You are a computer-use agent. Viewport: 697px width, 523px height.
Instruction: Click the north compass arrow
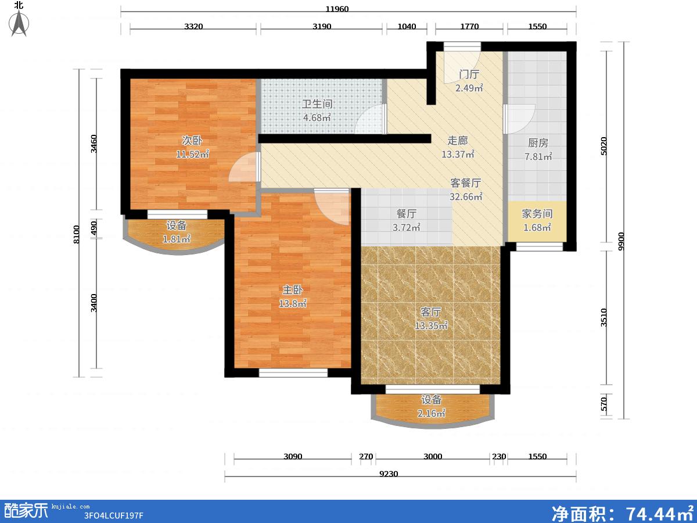19,23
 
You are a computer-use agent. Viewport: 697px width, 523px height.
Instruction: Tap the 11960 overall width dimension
337,9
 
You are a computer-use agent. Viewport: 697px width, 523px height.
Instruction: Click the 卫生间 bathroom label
317,104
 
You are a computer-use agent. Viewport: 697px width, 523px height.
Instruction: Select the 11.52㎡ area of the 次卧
192,155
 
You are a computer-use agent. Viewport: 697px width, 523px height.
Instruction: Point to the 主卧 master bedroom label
293,290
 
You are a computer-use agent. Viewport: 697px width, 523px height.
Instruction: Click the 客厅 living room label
431,312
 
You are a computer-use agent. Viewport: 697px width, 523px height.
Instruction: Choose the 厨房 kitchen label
538,143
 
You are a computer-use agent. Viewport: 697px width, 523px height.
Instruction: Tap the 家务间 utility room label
537,214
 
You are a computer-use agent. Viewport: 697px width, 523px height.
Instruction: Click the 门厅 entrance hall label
469,74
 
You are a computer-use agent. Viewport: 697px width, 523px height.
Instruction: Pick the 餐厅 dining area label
407,214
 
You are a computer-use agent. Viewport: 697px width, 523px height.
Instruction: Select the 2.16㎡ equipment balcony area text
431,413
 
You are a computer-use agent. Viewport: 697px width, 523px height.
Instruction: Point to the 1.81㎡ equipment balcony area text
177,239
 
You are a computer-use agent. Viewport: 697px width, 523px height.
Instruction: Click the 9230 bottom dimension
389,474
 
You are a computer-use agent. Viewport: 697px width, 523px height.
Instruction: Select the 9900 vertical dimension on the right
621,241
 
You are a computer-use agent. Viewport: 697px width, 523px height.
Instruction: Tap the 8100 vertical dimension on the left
77,234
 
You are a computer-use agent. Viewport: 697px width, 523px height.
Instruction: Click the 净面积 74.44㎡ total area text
623,513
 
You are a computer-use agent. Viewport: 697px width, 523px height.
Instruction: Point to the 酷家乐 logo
26,511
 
